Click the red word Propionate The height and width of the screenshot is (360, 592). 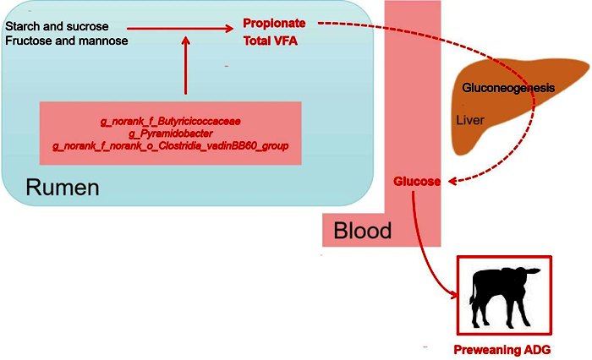(273, 23)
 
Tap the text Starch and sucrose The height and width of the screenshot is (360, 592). (57, 26)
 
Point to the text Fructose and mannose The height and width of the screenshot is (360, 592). (66, 41)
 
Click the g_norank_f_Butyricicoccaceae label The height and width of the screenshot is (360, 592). (170, 122)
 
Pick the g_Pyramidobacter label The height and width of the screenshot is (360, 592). (170, 134)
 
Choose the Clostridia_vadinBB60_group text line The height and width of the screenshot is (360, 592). (170, 146)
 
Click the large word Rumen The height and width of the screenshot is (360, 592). (63, 188)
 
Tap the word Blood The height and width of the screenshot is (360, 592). (363, 230)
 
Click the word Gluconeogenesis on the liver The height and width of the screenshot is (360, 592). (508, 88)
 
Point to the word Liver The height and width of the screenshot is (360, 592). (470, 121)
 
